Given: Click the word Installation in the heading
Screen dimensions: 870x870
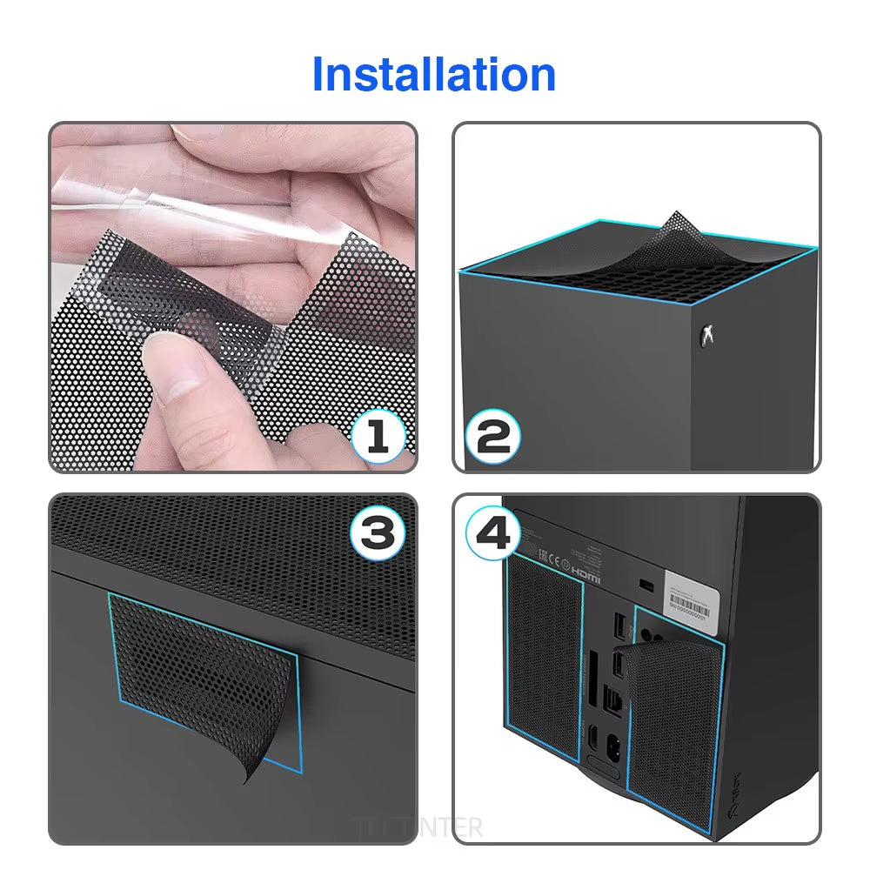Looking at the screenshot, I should tap(433, 74).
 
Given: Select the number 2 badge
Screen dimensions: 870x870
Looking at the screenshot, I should tap(493, 435).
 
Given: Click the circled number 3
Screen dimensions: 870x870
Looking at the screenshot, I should tap(377, 533).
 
